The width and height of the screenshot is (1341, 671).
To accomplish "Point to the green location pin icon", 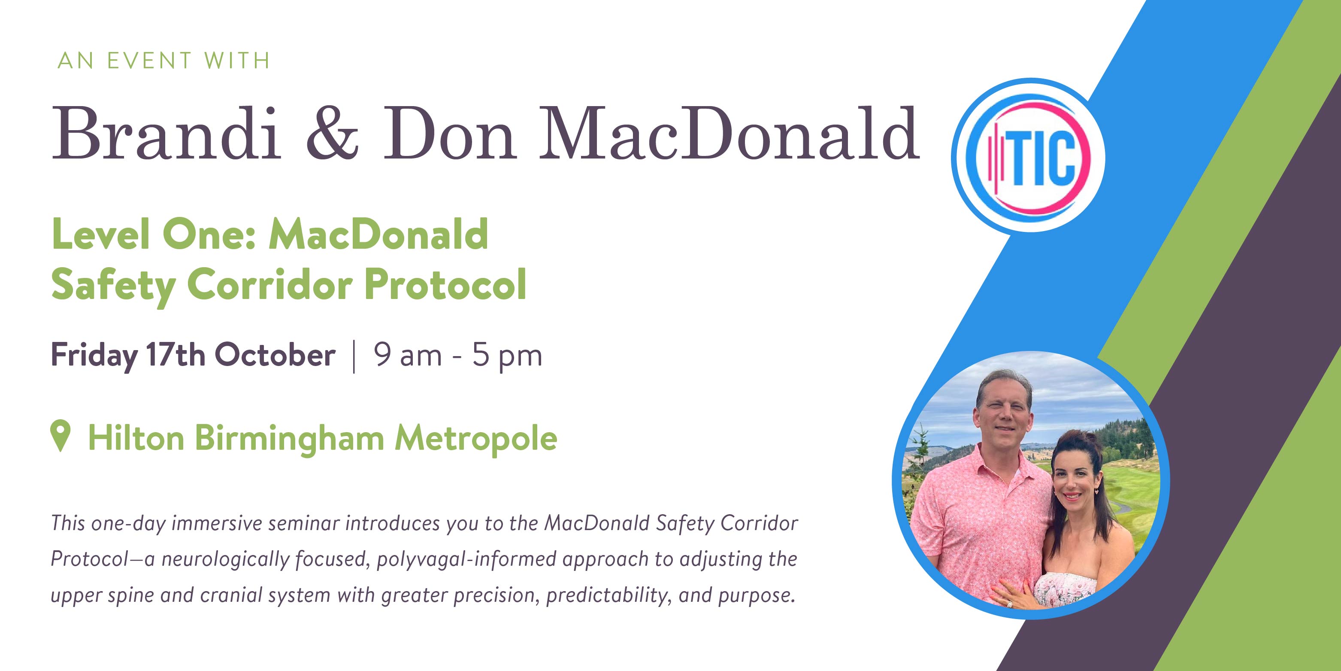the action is click(x=61, y=436).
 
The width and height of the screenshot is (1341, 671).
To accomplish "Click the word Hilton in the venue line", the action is click(x=136, y=438).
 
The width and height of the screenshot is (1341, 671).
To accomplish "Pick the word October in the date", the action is click(x=275, y=355).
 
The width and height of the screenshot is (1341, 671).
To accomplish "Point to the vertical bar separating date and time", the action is click(x=354, y=357).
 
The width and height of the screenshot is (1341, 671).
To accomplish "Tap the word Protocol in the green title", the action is click(x=445, y=284).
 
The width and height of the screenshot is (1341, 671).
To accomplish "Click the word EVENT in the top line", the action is click(x=149, y=61).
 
